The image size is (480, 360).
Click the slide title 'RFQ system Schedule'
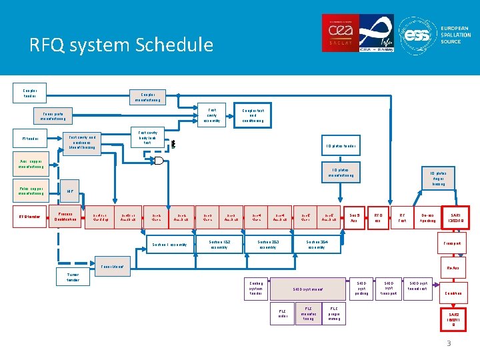[121, 45]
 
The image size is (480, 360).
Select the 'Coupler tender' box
[30, 93]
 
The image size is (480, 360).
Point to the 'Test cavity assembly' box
[212, 115]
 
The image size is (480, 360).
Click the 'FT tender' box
[30, 139]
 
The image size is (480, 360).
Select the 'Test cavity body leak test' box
[147, 137]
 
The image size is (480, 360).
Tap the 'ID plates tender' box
[341, 145]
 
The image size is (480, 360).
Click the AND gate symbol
[159, 161]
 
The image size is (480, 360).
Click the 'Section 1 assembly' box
[170, 244]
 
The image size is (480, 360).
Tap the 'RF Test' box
[402, 218]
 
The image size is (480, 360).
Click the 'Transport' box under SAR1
[455, 243]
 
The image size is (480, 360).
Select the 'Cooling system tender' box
[256, 289]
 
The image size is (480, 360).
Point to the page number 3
[449, 343]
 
